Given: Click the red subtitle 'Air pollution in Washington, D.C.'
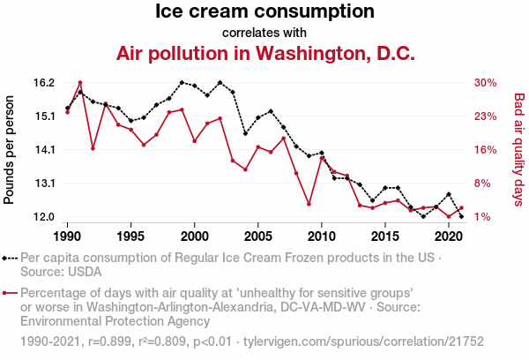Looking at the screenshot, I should click(x=264, y=53).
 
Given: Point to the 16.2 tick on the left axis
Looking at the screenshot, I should click(x=44, y=83).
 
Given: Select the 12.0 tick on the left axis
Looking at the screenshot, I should click(x=44, y=217).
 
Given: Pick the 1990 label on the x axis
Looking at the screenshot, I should click(x=68, y=236).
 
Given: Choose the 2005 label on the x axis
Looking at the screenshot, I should click(x=258, y=236).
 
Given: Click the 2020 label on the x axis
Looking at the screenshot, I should click(x=449, y=236).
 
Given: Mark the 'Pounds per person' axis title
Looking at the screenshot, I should click(x=10, y=150).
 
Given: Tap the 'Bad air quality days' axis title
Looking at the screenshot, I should click(x=519, y=150).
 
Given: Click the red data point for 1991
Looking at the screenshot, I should click(x=80, y=83).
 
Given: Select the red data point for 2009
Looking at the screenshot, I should click(x=309, y=204).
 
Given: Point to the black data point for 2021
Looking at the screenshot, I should click(x=461, y=216).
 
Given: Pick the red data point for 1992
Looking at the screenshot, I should click(x=93, y=148).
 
